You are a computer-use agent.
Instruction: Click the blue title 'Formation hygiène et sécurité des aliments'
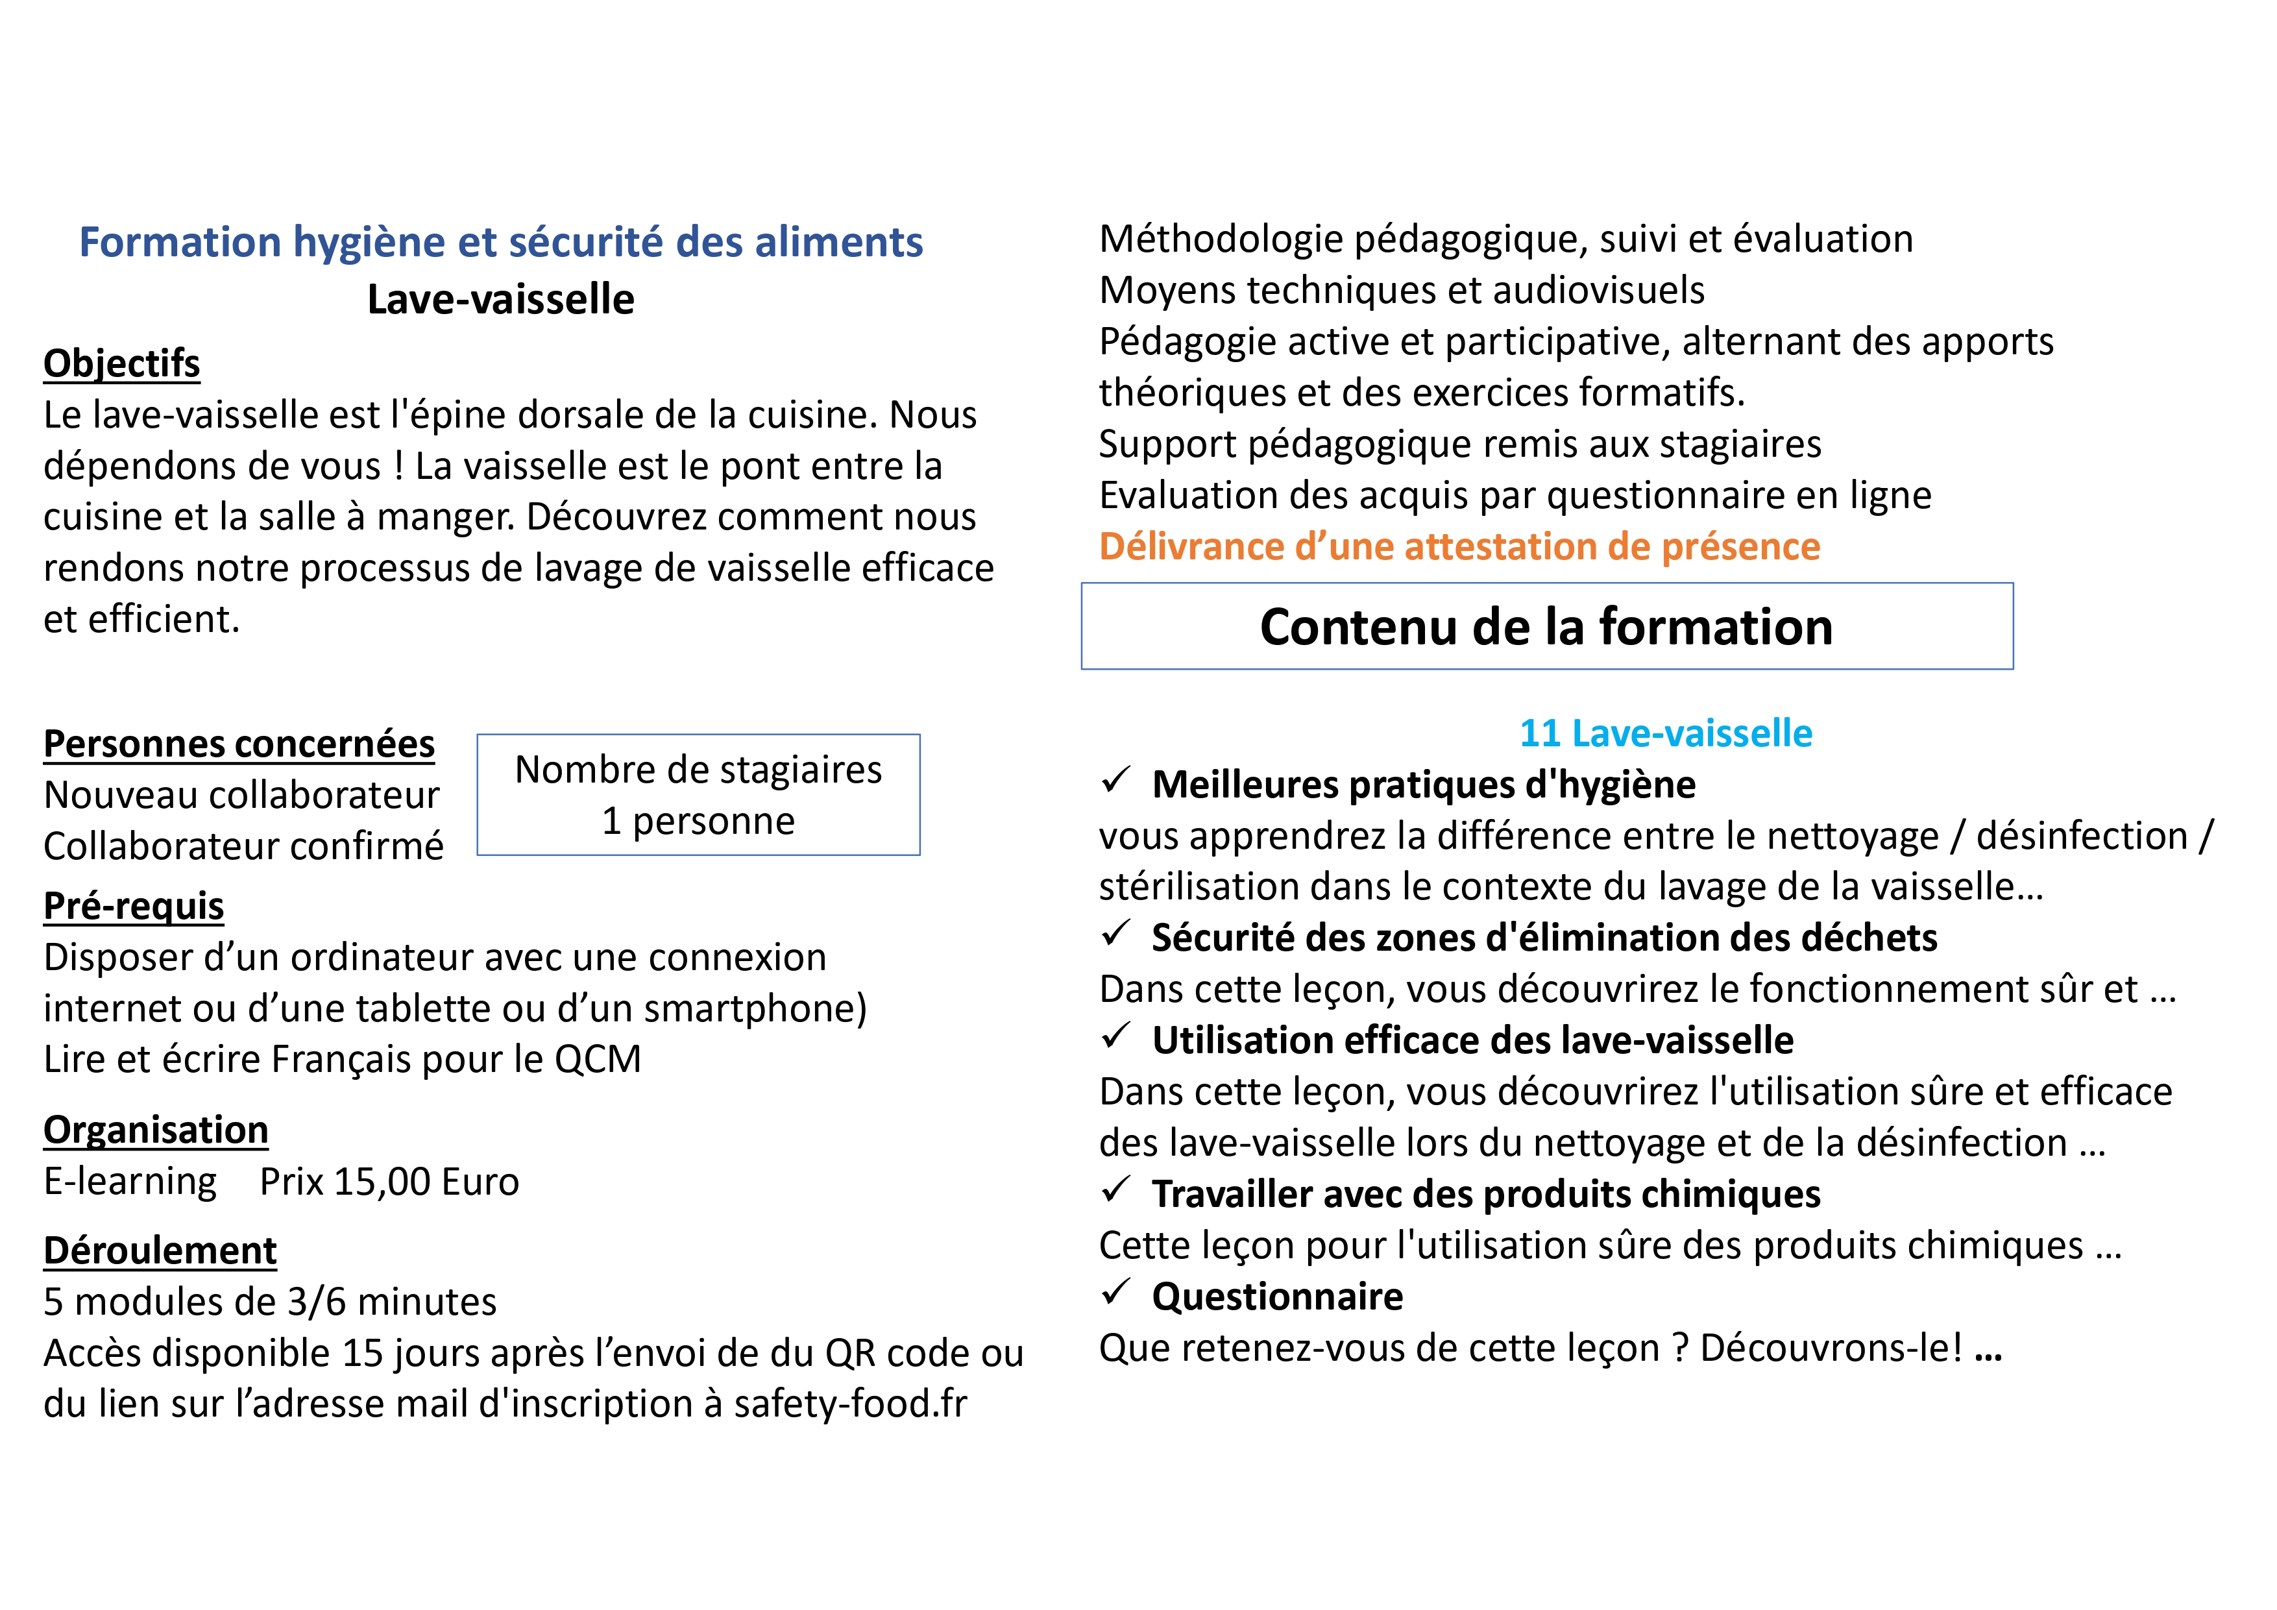pyautogui.click(x=501, y=242)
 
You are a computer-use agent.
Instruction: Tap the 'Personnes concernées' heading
pyautogui.click(x=239, y=743)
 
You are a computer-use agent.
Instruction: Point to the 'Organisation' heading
pyautogui.click(x=156, y=1129)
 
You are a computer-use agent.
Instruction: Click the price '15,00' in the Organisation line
pyautogui.click(x=382, y=1182)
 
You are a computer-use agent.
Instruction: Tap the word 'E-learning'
pyautogui.click(x=130, y=1182)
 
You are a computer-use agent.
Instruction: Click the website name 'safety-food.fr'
pyautogui.click(x=850, y=1403)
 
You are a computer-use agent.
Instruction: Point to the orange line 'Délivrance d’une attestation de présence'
pyautogui.click(x=1459, y=546)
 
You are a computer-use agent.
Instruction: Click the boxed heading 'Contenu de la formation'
pyautogui.click(x=1546, y=627)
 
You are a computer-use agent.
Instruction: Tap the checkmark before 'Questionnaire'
pyautogui.click(x=1115, y=1293)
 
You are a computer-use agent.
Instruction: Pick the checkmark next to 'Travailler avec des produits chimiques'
pyautogui.click(x=1115, y=1190)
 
